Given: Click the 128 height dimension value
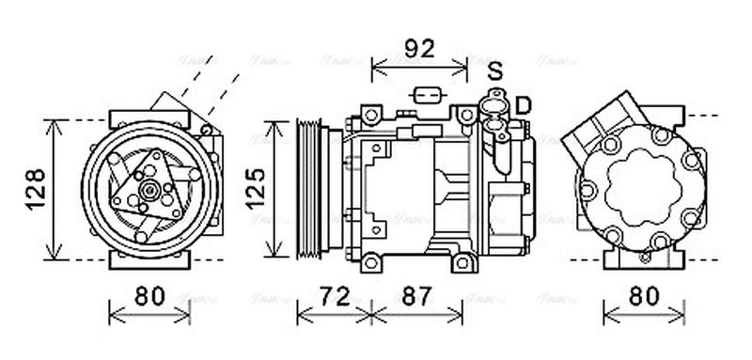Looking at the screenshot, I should tap(35, 188).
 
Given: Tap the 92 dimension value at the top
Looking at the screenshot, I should tap(418, 49).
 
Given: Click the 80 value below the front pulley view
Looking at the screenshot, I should tap(148, 296).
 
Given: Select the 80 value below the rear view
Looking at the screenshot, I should tap(643, 296).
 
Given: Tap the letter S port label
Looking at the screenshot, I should tap(495, 70).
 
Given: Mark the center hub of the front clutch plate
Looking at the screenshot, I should tap(148, 191).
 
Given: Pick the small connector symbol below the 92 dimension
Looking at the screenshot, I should tap(428, 95).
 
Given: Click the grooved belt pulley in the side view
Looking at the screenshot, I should tap(308, 188).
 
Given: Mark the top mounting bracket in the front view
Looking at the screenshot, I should tap(148, 119).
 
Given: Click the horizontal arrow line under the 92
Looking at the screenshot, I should tap(419, 67).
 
